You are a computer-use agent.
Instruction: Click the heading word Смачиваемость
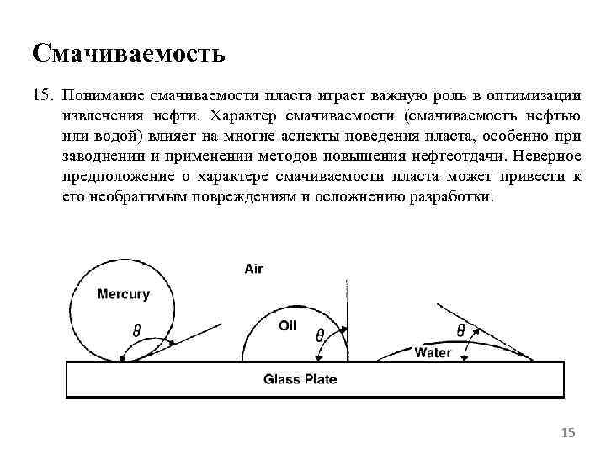[129, 54]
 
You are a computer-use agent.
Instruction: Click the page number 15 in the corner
[568, 433]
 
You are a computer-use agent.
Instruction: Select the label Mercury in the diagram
[123, 294]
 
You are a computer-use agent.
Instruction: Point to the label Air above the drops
[254, 270]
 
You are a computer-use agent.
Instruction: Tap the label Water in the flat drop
[433, 353]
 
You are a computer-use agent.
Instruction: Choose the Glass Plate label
[300, 379]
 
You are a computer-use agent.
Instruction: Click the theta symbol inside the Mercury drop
[136, 331]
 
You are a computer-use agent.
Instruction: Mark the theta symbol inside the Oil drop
[320, 335]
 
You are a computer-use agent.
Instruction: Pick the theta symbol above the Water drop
[460, 329]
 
